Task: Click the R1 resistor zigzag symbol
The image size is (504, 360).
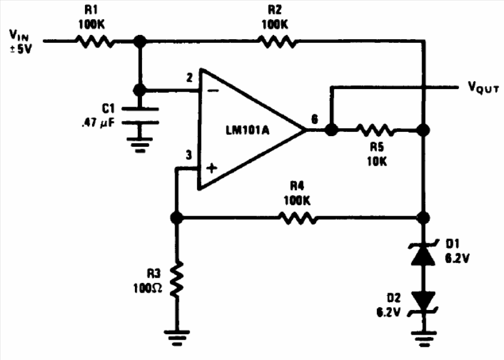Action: tap(94, 42)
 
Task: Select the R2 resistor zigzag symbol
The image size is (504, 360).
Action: tap(276, 42)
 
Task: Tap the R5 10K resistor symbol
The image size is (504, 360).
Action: tap(376, 130)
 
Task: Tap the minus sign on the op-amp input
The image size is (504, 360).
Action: tap(212, 90)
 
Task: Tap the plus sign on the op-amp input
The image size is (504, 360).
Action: tap(211, 169)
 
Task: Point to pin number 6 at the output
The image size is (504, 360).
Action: tap(314, 119)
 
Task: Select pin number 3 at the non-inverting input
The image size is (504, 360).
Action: tap(189, 155)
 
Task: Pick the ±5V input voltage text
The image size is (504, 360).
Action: tap(22, 48)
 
